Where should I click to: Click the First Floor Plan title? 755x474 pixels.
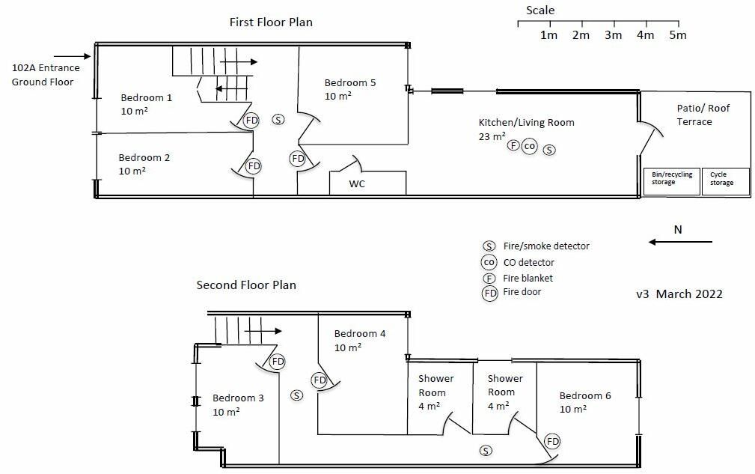(x=271, y=22)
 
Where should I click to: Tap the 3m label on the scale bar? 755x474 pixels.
(x=613, y=35)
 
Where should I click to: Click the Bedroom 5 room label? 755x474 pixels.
(x=349, y=82)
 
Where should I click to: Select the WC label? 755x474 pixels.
(x=358, y=183)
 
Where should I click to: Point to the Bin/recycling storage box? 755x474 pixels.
(x=670, y=178)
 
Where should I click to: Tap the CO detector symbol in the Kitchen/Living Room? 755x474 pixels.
(x=530, y=146)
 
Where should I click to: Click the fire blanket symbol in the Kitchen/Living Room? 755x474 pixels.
(x=513, y=146)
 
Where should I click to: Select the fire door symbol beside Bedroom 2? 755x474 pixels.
(x=254, y=165)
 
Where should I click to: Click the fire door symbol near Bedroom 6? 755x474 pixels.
(x=553, y=441)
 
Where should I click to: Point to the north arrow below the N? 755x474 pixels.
(x=680, y=242)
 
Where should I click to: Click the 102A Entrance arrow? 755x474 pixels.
(x=72, y=56)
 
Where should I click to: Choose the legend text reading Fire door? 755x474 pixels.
(x=522, y=292)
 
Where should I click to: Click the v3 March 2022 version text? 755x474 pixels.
(x=679, y=294)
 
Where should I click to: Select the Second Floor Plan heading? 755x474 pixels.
(x=246, y=285)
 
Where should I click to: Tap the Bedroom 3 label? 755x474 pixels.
(x=238, y=398)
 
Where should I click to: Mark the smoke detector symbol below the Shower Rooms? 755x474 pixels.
(x=486, y=450)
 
